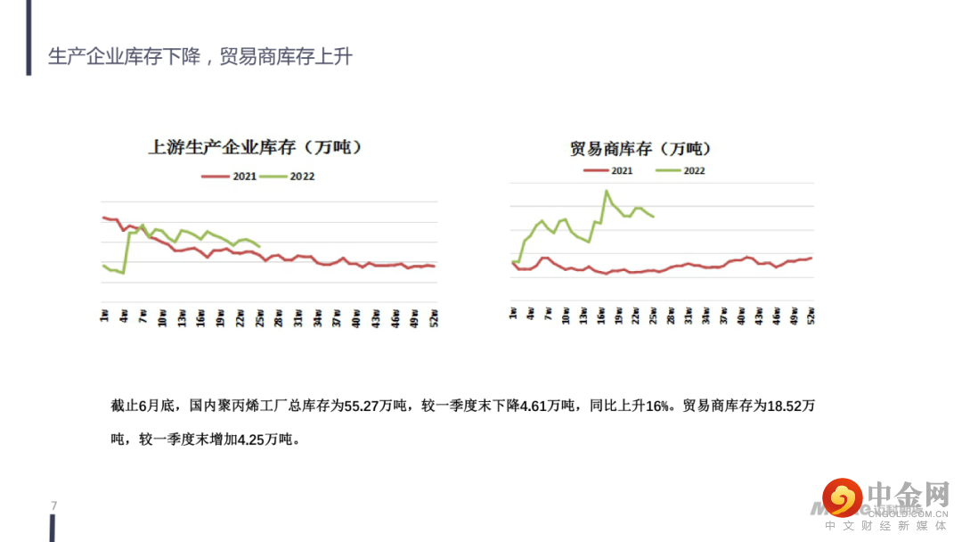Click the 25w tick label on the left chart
[x=259, y=317]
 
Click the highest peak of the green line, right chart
[x=607, y=191]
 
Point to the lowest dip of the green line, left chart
[x=123, y=273]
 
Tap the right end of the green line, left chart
[x=259, y=247]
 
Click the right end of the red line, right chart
[x=811, y=258]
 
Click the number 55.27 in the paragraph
[x=371, y=406]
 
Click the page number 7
[x=54, y=506]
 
